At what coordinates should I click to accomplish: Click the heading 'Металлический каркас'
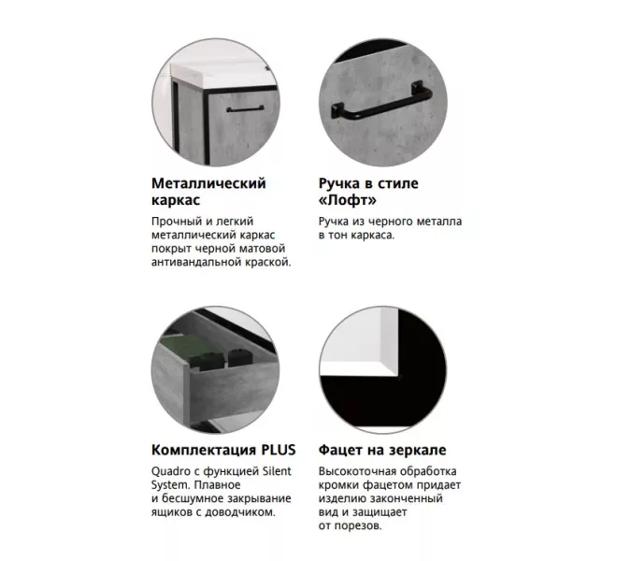tap(208, 191)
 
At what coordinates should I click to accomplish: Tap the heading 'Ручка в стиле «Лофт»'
tap(366, 191)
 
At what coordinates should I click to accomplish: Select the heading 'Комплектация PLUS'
tap(218, 450)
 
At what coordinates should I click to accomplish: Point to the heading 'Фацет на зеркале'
tap(381, 450)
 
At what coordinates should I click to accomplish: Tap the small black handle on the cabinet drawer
tap(247, 108)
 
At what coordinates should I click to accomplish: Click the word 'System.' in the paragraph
tap(171, 484)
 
